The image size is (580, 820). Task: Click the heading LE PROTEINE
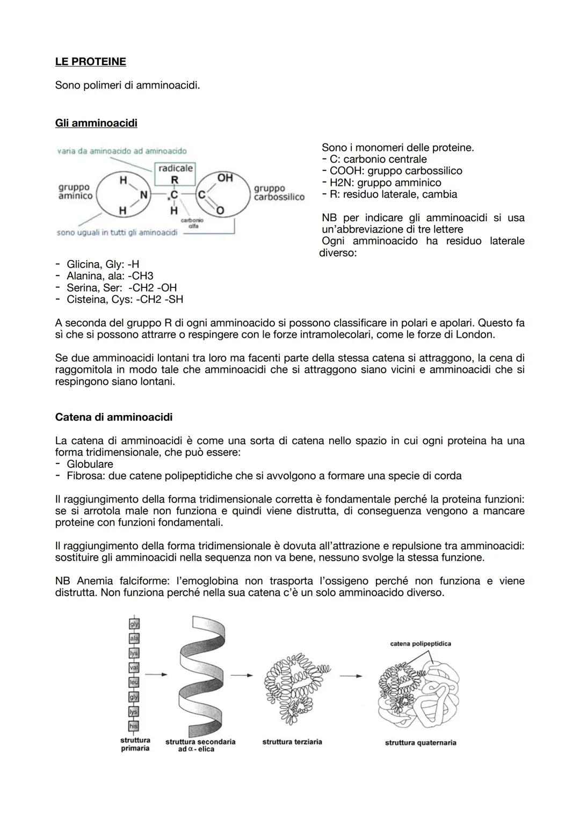[x=90, y=62]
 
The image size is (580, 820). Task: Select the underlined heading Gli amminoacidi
[x=96, y=123]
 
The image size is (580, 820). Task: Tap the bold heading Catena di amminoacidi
[x=114, y=417]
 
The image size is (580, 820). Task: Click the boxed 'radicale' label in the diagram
[x=175, y=169]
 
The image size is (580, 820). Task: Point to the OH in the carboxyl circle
[x=225, y=178]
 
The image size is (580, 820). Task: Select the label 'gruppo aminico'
[x=75, y=192]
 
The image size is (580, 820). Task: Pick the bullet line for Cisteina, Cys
[x=124, y=300]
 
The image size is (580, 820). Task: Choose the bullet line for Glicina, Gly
[x=102, y=264]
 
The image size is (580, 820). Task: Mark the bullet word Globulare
[x=90, y=464]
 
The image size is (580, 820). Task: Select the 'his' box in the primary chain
[x=134, y=726]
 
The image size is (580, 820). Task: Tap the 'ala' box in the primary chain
[x=134, y=638]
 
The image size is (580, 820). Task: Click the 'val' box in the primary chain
[x=134, y=667]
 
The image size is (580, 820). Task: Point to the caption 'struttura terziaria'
[x=292, y=742]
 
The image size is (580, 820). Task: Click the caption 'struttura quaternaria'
[x=421, y=743]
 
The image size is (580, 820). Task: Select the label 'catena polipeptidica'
[x=421, y=643]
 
